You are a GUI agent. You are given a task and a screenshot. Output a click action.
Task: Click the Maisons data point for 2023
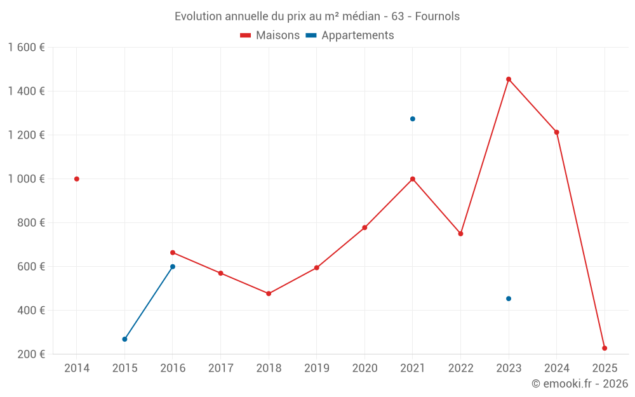pos(509,79)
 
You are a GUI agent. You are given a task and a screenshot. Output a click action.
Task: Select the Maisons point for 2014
pos(77,179)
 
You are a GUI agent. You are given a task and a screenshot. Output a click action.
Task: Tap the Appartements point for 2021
pos(413,119)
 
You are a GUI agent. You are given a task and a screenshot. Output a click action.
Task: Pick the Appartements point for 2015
pos(124,339)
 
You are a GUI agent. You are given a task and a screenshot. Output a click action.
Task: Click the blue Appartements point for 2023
pos(509,299)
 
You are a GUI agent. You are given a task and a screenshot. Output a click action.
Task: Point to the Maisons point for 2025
pos(605,348)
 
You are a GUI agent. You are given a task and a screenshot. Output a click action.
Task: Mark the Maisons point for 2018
pos(269,293)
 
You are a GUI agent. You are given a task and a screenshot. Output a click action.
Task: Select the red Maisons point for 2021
pos(413,179)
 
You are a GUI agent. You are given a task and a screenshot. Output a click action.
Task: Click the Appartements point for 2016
pos(173,267)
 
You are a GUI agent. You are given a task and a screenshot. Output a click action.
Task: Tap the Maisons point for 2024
pos(556,132)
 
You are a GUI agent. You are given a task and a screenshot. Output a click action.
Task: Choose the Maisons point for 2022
pos(460,234)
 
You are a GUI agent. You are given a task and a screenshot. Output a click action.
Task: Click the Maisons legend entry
pos(270,36)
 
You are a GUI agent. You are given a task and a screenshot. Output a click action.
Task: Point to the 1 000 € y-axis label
pos(26,179)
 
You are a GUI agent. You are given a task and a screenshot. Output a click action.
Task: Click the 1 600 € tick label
pos(26,48)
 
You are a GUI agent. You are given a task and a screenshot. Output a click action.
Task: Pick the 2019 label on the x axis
pos(316,368)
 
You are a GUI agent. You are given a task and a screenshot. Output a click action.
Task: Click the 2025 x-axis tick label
pos(605,368)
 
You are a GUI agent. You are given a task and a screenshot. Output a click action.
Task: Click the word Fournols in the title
pos(438,17)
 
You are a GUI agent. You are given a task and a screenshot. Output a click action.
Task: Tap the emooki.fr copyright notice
pos(579,384)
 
